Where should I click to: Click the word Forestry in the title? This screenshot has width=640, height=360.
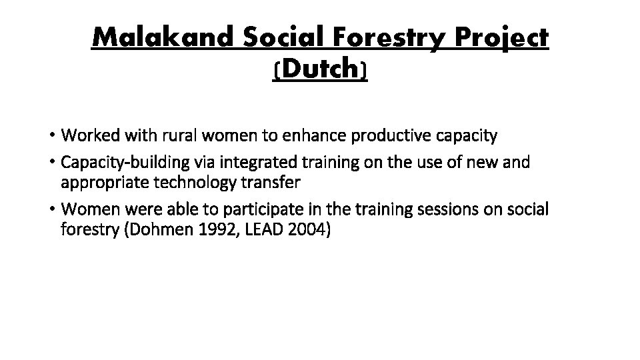pos(375,39)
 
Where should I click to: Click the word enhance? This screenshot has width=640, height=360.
pos(307,136)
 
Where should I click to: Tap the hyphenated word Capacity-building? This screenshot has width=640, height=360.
pos(117,163)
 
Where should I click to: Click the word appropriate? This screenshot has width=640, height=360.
pos(101,181)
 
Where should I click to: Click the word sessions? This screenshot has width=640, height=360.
pos(459,209)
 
